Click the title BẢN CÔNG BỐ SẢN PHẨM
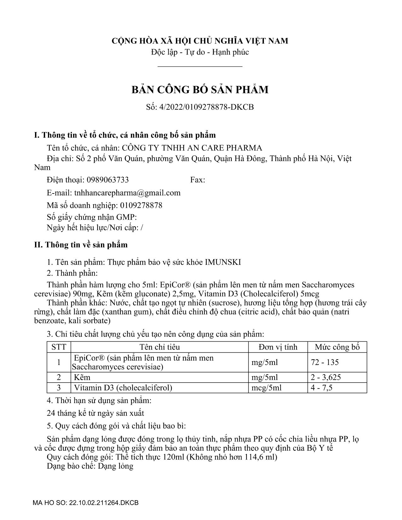pos(200,90)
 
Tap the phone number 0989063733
pos(108,180)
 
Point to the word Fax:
pos(198,180)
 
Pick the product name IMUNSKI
pos(223,262)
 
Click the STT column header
pos(59,347)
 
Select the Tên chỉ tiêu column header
pos(160,347)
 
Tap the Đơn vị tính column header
pos(278,347)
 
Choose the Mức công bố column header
pos(337,347)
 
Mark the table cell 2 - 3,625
pos(326,377)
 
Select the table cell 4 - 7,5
pos(322,387)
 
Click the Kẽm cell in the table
pos(82,377)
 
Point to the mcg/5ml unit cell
pos(266,387)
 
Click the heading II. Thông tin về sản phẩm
pos(81,245)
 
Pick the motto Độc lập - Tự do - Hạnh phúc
pos(200,52)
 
